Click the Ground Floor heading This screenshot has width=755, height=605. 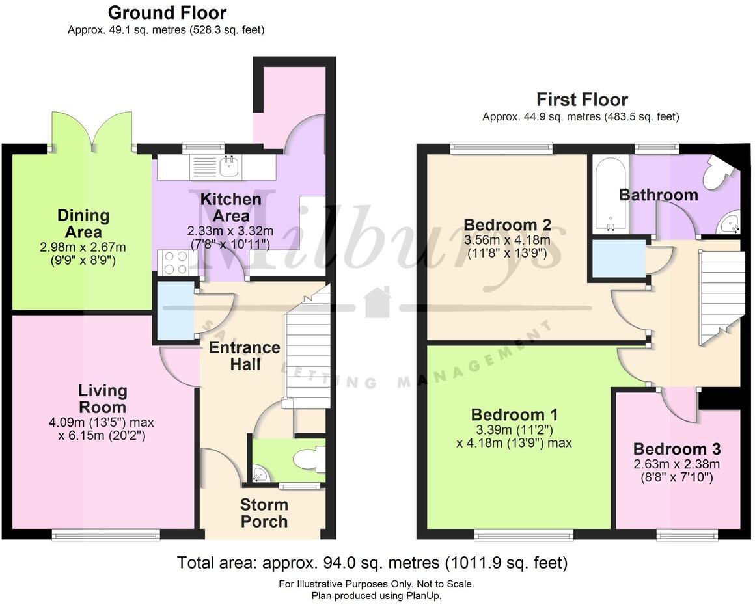click(x=167, y=12)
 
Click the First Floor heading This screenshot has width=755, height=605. click(x=582, y=100)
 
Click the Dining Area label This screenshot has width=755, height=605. click(x=83, y=223)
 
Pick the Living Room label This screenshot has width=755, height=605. click(x=103, y=398)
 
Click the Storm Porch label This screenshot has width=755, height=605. click(x=264, y=513)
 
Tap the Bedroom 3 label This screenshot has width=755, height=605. click(x=676, y=449)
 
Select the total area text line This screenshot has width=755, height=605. click(x=372, y=562)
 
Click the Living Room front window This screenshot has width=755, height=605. click(x=105, y=535)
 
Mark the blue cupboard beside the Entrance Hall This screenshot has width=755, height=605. click(x=174, y=311)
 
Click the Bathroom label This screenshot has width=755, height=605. click(x=658, y=195)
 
